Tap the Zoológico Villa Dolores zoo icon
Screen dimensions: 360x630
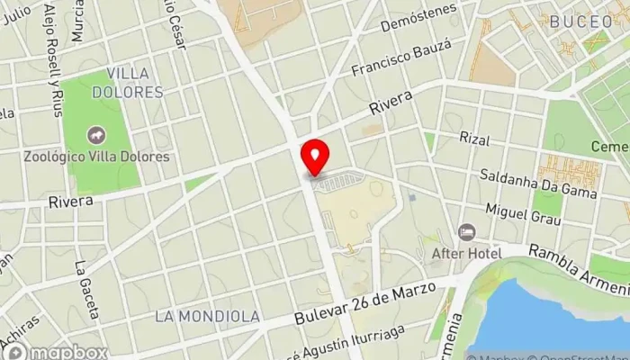pos(95,136)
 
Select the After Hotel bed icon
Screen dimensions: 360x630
pos(466,232)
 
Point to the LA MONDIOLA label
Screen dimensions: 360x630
pos(207,316)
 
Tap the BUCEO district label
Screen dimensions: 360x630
pos(580,21)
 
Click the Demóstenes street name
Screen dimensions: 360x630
pos(418,28)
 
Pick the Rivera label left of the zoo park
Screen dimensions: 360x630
pos(72,202)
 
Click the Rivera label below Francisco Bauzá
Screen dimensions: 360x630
pos(391,106)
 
